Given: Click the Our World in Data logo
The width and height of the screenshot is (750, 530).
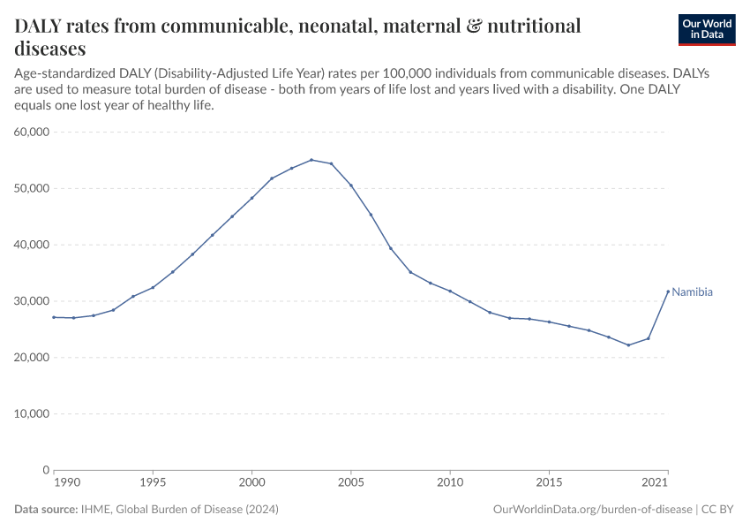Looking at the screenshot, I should click(x=706, y=29).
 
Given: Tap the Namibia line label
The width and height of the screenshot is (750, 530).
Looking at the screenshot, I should click(x=693, y=292).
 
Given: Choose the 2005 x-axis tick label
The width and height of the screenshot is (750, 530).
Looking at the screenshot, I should click(x=351, y=483).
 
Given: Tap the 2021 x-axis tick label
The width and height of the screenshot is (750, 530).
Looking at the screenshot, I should click(x=654, y=483).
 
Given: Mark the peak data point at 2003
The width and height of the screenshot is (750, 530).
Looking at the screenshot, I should click(x=311, y=160).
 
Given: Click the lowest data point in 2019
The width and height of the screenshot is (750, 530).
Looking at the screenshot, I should click(x=628, y=345).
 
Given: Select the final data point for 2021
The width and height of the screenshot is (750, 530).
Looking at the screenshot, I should click(x=668, y=291).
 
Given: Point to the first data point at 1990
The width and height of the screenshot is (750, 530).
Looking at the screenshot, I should click(x=54, y=317).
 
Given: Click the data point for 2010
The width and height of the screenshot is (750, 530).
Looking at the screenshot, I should click(x=450, y=291).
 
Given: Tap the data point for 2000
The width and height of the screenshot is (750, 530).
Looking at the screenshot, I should click(x=252, y=198).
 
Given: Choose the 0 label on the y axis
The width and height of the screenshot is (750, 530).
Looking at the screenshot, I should click(x=44, y=470).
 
